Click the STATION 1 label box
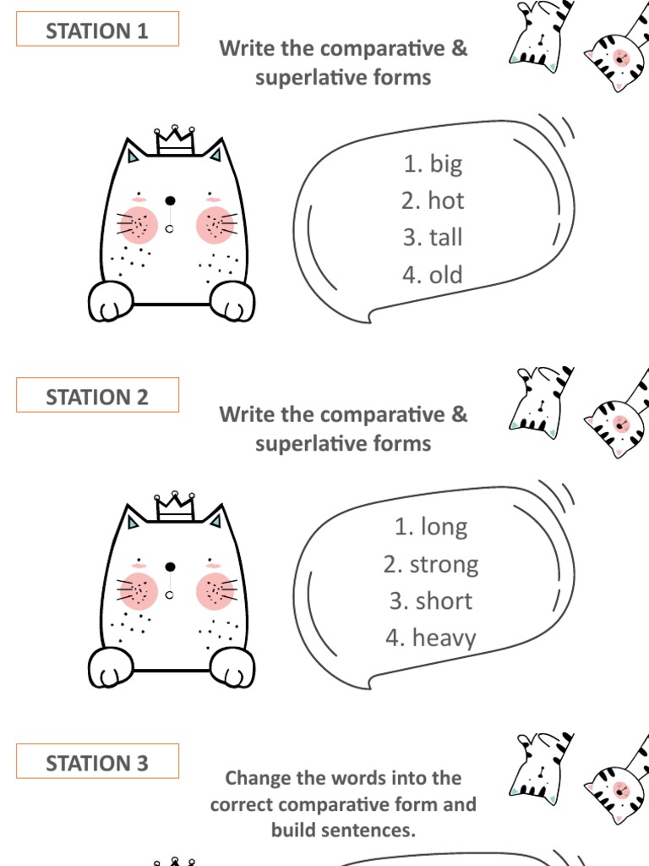coord(97,30)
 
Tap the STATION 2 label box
coord(97,397)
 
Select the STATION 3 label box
coord(97,763)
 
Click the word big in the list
coord(445,163)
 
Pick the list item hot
coord(445,200)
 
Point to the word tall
coord(445,238)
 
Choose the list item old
coord(445,275)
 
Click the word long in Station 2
coord(444,527)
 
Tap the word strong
coord(444,564)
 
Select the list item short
coord(444,601)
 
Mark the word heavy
coord(444,639)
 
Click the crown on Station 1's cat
coord(175,140)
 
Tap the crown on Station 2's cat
coord(175,505)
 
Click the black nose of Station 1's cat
coord(170,201)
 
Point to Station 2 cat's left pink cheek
coord(137,589)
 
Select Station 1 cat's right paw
coord(232,302)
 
